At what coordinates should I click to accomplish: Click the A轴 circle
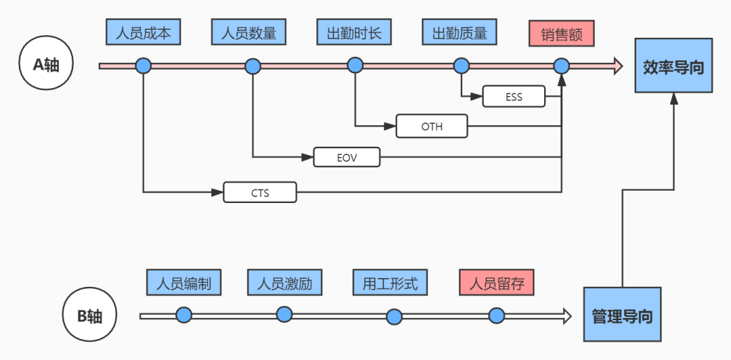[47, 64]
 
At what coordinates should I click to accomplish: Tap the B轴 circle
[89, 315]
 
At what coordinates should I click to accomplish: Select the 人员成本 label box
[143, 32]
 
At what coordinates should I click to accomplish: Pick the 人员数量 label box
[248, 32]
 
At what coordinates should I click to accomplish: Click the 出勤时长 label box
[354, 32]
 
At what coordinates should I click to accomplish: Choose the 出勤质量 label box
[460, 32]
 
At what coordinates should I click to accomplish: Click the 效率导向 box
[673, 66]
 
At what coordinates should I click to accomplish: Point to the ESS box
[514, 97]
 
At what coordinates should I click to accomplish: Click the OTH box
[432, 127]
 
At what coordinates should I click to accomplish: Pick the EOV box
[347, 158]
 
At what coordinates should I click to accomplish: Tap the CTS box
[260, 193]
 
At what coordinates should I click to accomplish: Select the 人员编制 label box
[183, 282]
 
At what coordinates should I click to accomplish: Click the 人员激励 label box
[284, 282]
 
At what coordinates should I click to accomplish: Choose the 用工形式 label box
[390, 282]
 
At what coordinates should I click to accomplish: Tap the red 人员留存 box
[496, 282]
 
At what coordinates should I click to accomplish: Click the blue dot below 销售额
[561, 66]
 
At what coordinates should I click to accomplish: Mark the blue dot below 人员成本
[143, 66]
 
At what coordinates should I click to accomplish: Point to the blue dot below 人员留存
[497, 315]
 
